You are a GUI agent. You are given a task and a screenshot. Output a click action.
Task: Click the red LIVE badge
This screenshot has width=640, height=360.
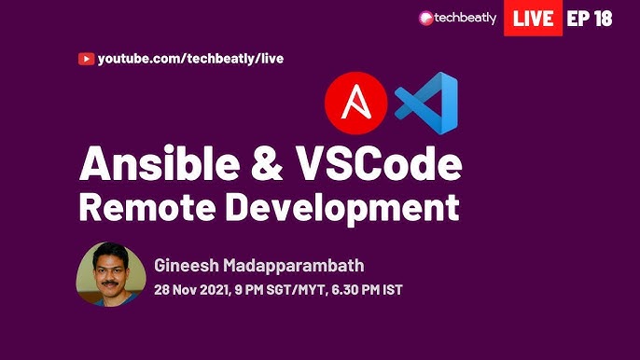click(533, 18)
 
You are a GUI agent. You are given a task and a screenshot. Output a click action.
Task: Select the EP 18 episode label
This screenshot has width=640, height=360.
click(590, 18)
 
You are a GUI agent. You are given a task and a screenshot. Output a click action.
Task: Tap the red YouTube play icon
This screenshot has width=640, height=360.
click(86, 59)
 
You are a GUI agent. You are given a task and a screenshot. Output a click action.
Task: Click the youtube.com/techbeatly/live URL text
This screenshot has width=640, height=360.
click(190, 59)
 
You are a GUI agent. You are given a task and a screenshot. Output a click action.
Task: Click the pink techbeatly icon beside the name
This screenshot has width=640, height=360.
click(426, 18)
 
